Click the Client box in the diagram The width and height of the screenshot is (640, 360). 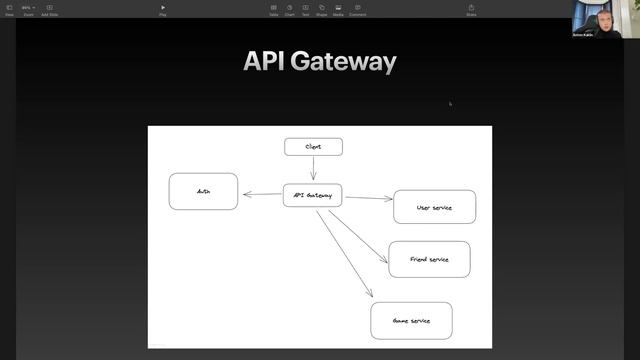pyautogui.click(x=313, y=147)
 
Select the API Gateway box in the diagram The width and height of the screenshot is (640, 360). pyautogui.click(x=313, y=195)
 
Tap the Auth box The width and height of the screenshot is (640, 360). pyautogui.click(x=203, y=191)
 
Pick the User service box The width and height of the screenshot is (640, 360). pyautogui.click(x=434, y=207)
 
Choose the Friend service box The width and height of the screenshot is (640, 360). pyautogui.click(x=429, y=259)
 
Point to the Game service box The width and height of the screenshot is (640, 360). pyautogui.click(x=411, y=321)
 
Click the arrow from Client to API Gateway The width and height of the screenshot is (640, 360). pyautogui.click(x=313, y=168)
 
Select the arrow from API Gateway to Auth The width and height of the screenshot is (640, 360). pyautogui.click(x=262, y=195)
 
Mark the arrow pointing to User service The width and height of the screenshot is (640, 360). pyautogui.click(x=368, y=198)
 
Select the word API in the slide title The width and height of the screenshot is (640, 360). pyautogui.click(x=263, y=62)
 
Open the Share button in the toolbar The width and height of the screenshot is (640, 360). pyautogui.click(x=471, y=10)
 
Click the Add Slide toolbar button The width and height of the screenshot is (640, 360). pyautogui.click(x=49, y=10)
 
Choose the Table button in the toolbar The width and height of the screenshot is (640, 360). pyautogui.click(x=273, y=10)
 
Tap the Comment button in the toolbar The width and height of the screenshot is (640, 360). pyautogui.click(x=357, y=10)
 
